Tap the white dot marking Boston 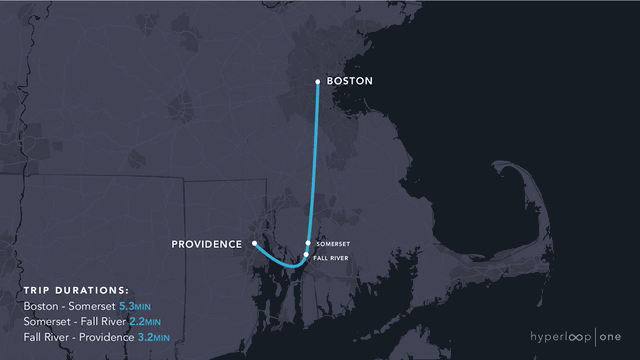click(317, 81)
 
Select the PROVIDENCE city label click(207, 244)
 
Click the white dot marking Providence click(255, 243)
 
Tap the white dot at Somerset click(308, 243)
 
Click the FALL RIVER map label click(331, 257)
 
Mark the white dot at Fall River click(306, 256)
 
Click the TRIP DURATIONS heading click(76, 289)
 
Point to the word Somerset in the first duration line click(91, 306)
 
